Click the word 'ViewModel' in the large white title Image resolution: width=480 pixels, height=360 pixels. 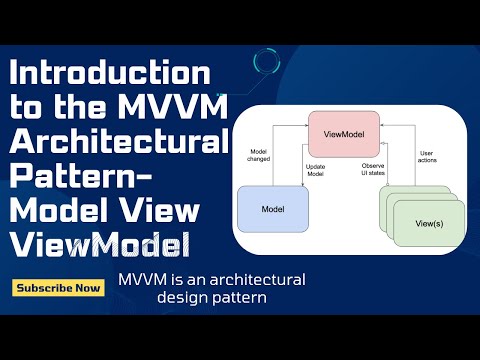click(x=100, y=243)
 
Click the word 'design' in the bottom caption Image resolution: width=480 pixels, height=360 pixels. click(x=184, y=298)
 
